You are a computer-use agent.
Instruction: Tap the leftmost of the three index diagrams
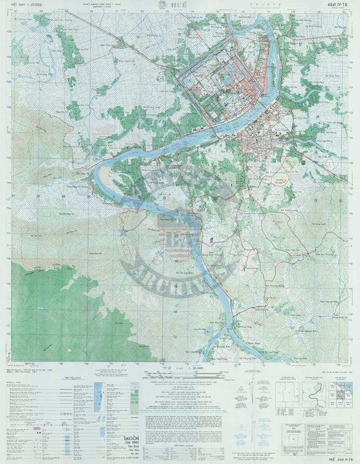[287, 392]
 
